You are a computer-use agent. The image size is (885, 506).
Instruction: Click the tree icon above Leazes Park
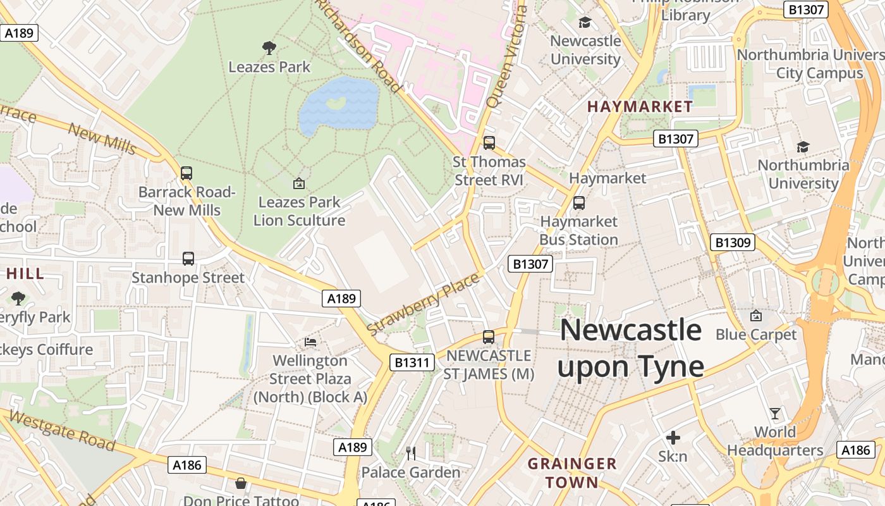269,47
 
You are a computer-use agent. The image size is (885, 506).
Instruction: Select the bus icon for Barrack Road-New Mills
186,173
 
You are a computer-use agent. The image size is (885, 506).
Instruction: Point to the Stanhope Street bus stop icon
188,258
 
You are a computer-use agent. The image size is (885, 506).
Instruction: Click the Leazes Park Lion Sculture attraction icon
299,183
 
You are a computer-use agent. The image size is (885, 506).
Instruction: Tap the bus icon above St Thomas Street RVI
489,143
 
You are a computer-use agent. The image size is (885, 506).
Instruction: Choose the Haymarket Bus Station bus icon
578,203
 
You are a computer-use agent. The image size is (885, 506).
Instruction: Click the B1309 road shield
733,242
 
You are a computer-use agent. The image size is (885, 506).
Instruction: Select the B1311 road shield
412,362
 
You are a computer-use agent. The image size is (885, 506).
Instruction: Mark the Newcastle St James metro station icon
489,337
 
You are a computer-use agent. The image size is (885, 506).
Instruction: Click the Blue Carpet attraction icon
755,315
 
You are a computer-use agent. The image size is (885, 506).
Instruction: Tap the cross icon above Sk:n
673,437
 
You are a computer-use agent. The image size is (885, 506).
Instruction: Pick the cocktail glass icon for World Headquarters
775,414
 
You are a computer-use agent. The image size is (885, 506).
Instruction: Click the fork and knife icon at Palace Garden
411,453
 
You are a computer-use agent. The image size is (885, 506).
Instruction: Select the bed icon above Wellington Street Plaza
310,342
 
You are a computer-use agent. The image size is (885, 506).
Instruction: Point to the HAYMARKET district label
640,106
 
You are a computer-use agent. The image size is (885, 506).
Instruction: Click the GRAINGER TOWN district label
572,472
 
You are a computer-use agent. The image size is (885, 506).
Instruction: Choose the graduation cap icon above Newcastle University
585,23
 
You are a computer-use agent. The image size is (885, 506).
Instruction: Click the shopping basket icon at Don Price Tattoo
241,484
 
